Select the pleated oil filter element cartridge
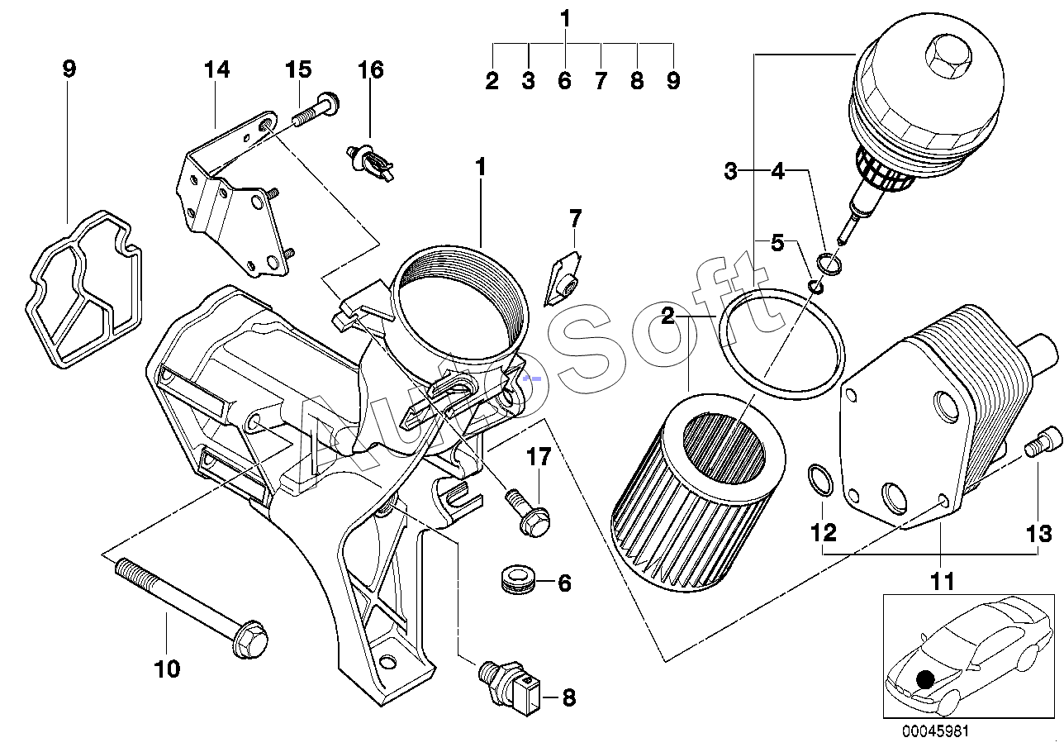pyautogui.click(x=697, y=493)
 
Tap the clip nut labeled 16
pyautogui.click(x=369, y=164)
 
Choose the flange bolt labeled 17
pyautogui.click(x=528, y=512)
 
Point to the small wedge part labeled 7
pyautogui.click(x=562, y=279)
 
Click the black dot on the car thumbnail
pyautogui.click(x=924, y=679)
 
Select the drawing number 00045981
pyautogui.click(x=935, y=731)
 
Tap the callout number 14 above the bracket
pyautogui.click(x=217, y=69)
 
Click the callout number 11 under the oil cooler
pyautogui.click(x=942, y=581)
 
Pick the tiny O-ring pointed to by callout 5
pyautogui.click(x=816, y=287)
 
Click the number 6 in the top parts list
pyautogui.click(x=564, y=80)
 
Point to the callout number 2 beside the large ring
pyautogui.click(x=667, y=316)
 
